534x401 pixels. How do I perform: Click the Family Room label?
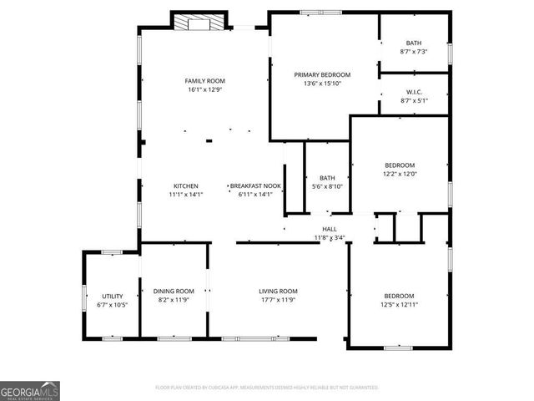[204, 81]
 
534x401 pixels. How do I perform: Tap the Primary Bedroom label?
[322, 74]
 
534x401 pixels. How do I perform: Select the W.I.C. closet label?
[414, 92]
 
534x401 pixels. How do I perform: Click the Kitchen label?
[185, 185]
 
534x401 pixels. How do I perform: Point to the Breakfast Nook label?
[255, 185]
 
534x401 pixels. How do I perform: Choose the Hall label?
[330, 229]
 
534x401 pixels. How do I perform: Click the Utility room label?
[113, 297]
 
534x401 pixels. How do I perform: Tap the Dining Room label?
[174, 291]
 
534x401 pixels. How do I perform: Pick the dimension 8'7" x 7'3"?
[414, 52]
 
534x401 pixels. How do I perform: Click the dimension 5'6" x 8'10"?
[327, 186]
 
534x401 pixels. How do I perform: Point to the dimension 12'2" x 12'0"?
[399, 174]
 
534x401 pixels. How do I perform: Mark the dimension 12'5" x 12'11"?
[399, 305]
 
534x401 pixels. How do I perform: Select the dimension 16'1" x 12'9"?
[204, 89]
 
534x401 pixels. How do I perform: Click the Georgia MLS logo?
[29, 390]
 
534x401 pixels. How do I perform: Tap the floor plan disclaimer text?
[267, 388]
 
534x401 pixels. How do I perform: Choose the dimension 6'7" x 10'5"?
[113, 305]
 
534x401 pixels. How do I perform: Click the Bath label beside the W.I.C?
[414, 43]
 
